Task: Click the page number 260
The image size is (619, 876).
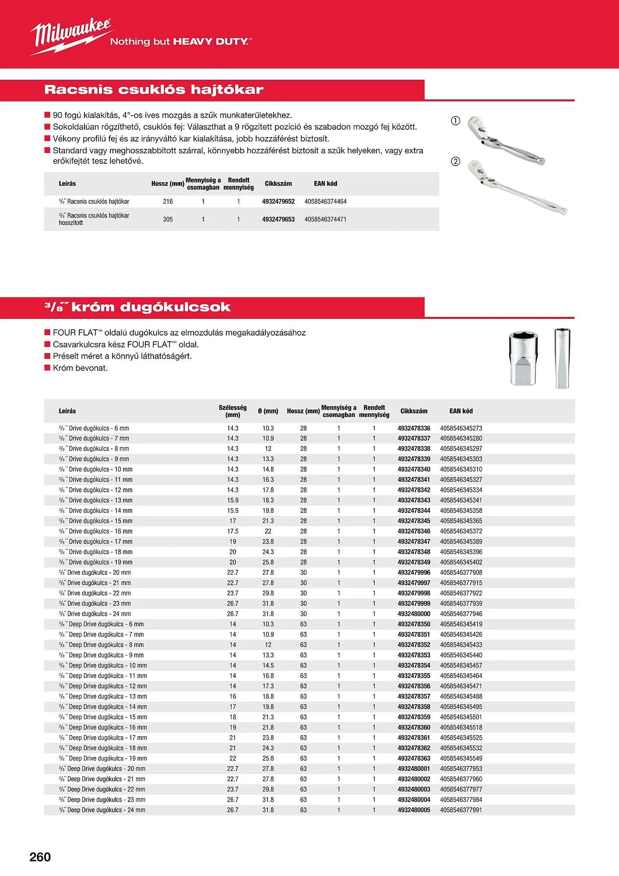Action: (x=40, y=857)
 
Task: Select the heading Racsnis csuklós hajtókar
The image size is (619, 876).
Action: (x=154, y=90)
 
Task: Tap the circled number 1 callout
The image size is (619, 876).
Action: (x=455, y=121)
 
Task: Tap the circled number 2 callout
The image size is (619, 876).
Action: (x=455, y=161)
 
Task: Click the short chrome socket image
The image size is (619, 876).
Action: (x=524, y=359)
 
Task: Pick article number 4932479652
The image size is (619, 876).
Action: (x=278, y=201)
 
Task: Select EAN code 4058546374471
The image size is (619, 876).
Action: (x=325, y=219)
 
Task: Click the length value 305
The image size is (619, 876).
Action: (x=168, y=219)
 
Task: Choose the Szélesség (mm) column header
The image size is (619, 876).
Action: (x=232, y=411)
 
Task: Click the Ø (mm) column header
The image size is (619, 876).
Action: (x=268, y=411)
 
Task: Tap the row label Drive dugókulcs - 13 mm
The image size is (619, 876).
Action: (x=100, y=500)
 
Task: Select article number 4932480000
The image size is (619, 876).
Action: (x=414, y=614)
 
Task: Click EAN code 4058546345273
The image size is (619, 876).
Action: (x=461, y=428)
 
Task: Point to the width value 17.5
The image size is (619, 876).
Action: (x=232, y=531)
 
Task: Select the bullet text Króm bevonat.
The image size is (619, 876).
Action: (x=80, y=368)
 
